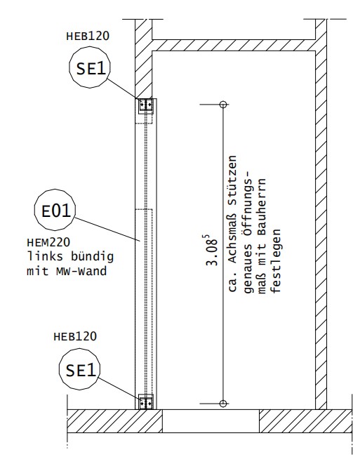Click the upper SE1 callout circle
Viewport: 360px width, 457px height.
[x=90, y=67]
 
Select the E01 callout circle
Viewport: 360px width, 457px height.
[x=55, y=210]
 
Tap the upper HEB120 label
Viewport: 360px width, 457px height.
[x=88, y=37]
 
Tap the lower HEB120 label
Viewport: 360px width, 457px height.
[x=75, y=337]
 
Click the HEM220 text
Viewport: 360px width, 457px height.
[x=48, y=242]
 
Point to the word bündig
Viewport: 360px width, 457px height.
[x=92, y=256]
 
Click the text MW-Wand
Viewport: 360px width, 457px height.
[x=81, y=272]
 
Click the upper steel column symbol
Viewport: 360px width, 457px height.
[x=146, y=105]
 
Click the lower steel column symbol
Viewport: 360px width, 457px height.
[x=146, y=402]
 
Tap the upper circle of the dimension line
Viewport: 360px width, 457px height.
[x=223, y=104]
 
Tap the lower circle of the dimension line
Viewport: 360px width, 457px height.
[x=223, y=404]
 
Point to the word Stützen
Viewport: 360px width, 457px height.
[x=232, y=175]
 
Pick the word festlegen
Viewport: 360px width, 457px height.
[x=276, y=261]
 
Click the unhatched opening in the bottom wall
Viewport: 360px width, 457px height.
[x=211, y=421]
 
